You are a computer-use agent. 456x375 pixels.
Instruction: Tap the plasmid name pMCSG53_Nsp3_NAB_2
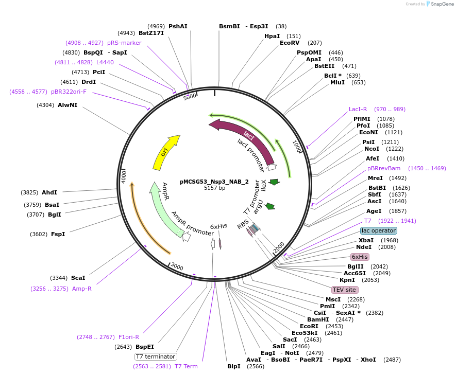pyautogui.click(x=214, y=182)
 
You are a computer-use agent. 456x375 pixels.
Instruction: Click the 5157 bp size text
pyautogui.click(x=214, y=188)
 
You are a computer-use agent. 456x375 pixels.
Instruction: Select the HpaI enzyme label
pyautogui.click(x=272, y=36)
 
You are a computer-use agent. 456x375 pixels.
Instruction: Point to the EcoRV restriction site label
pyautogui.click(x=289, y=43)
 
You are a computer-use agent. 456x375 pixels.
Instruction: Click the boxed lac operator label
pyautogui.click(x=378, y=230)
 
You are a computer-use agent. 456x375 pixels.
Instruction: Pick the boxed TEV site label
pyautogui.click(x=345, y=290)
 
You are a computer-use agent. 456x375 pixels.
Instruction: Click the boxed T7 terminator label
pyautogui.click(x=156, y=356)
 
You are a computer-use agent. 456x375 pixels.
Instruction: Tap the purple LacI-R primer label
pyautogui.click(x=358, y=109)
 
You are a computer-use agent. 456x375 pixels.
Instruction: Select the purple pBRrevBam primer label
pyautogui.click(x=384, y=168)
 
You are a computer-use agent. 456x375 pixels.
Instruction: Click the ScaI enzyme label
pyautogui.click(x=78, y=278)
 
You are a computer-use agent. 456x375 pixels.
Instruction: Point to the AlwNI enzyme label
pyautogui.click(x=67, y=105)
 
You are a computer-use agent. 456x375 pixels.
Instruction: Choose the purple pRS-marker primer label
pyautogui.click(x=124, y=43)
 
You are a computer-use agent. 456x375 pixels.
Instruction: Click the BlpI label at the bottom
pyautogui.click(x=234, y=366)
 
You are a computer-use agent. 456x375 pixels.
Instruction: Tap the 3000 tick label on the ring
pyautogui.click(x=177, y=266)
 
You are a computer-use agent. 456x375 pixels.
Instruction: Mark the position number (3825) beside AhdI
pyautogui.click(x=29, y=192)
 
